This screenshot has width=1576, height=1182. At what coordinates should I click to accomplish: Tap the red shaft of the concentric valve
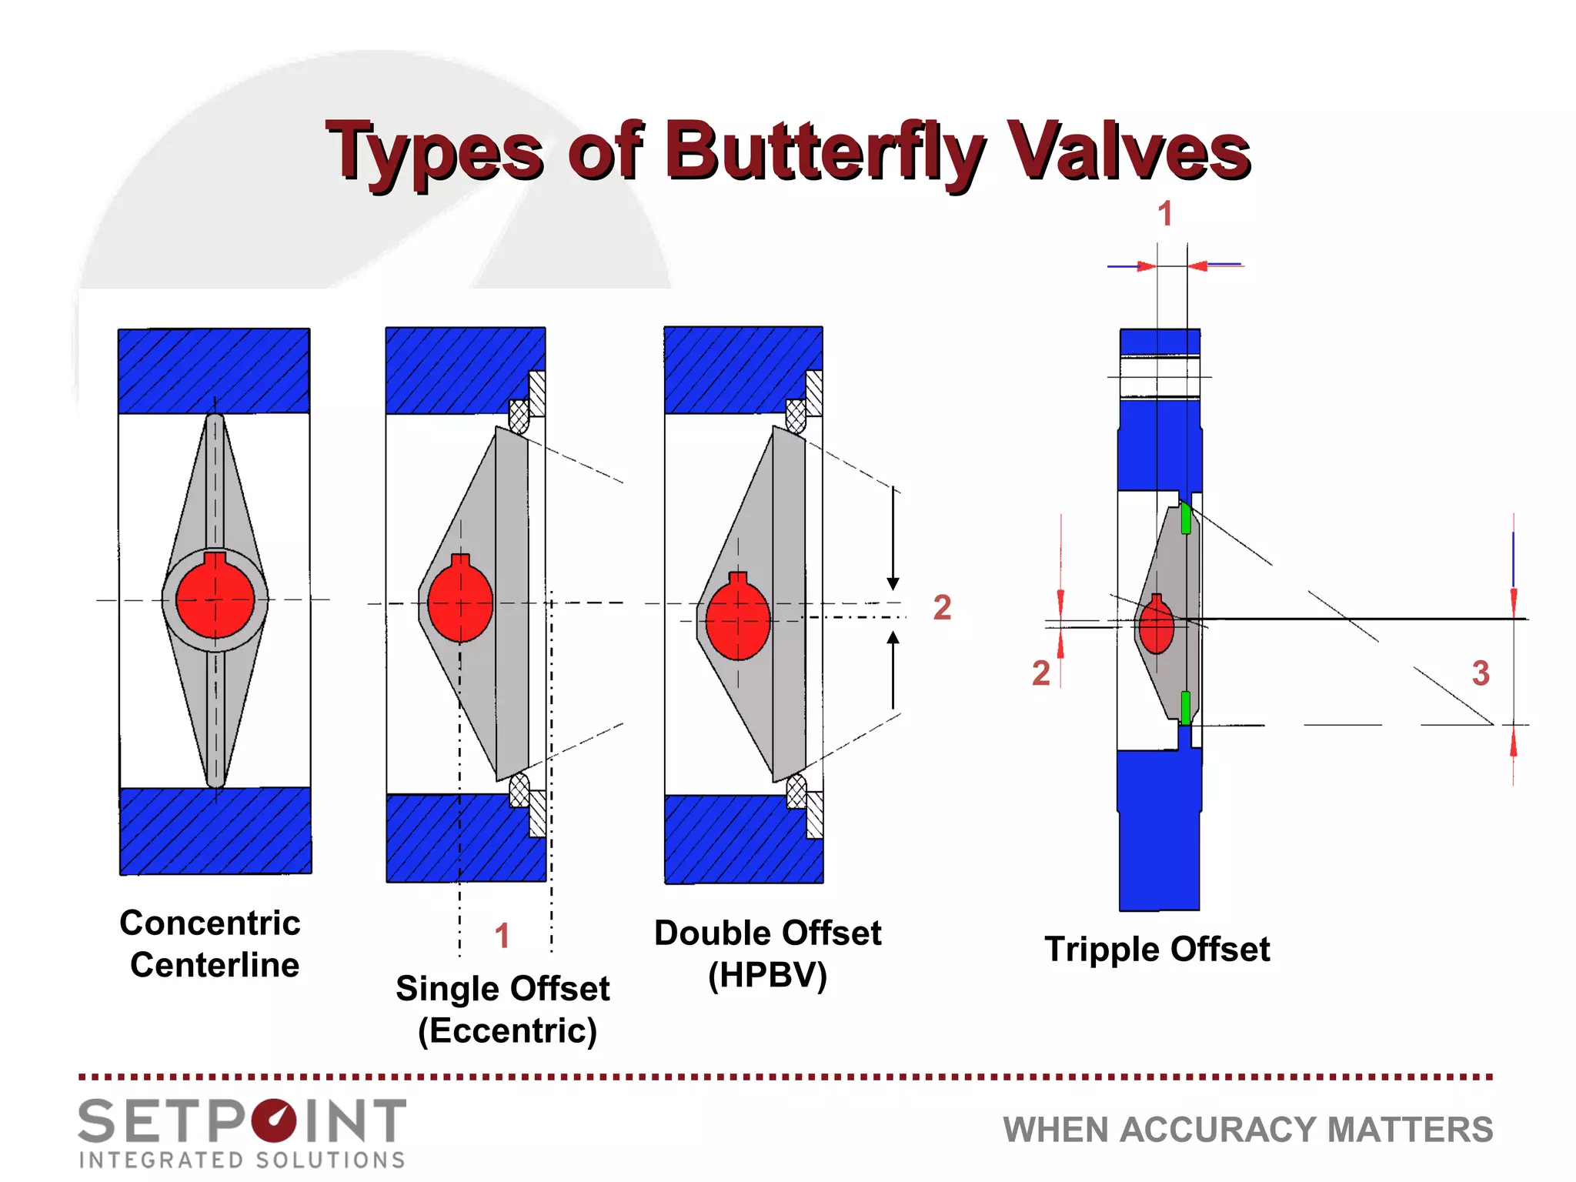[x=215, y=599]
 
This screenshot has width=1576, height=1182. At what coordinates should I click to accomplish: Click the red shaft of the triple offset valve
[x=1156, y=626]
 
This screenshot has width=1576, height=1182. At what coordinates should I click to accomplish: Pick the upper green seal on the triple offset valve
[x=1185, y=518]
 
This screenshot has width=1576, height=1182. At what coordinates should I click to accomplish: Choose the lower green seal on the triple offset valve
[x=1185, y=707]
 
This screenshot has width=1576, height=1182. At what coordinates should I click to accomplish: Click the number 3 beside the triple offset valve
[x=1480, y=673]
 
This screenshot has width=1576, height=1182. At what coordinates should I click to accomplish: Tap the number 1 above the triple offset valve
[x=1165, y=213]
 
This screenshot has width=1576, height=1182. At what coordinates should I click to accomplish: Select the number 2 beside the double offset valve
[x=942, y=607]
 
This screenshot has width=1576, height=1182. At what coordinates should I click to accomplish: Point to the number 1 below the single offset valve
[x=502, y=936]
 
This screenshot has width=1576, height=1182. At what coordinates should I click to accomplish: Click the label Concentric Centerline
[x=211, y=943]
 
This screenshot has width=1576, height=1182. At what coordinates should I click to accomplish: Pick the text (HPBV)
[x=767, y=975]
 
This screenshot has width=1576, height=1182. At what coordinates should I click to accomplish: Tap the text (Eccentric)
[x=507, y=1030]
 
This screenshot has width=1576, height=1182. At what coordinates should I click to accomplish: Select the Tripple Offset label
[x=1157, y=949]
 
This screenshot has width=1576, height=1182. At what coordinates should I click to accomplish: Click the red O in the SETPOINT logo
[x=273, y=1120]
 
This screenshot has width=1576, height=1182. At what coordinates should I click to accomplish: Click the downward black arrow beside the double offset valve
[x=893, y=539]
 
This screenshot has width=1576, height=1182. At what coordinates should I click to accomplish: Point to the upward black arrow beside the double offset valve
[x=893, y=669]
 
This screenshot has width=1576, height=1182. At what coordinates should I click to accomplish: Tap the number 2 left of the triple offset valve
[x=1040, y=673]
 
